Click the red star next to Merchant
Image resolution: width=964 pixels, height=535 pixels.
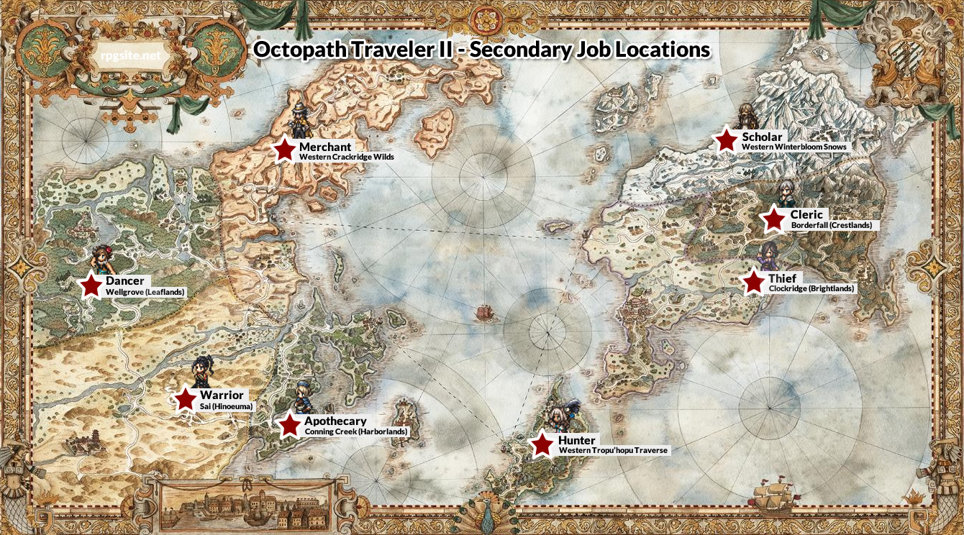click(x=285, y=149)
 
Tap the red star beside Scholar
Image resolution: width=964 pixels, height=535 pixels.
click(x=727, y=140)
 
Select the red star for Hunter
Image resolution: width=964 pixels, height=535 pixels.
click(x=543, y=444)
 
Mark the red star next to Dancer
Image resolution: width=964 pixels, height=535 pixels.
click(x=91, y=285)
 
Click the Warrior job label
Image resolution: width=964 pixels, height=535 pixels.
click(x=222, y=395)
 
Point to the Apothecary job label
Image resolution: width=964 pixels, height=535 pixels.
click(x=335, y=421)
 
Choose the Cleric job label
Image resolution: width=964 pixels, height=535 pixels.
click(x=806, y=214)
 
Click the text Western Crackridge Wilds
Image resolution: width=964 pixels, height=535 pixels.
click(x=347, y=157)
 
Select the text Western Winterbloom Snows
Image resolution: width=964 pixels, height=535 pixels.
click(x=795, y=147)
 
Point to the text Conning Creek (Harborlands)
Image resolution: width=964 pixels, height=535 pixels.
click(x=356, y=431)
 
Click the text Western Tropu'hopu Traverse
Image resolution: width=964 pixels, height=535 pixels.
click(x=613, y=450)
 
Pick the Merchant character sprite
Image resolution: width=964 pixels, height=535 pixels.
click(x=299, y=120)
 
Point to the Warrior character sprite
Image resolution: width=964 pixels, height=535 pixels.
click(x=199, y=372)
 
